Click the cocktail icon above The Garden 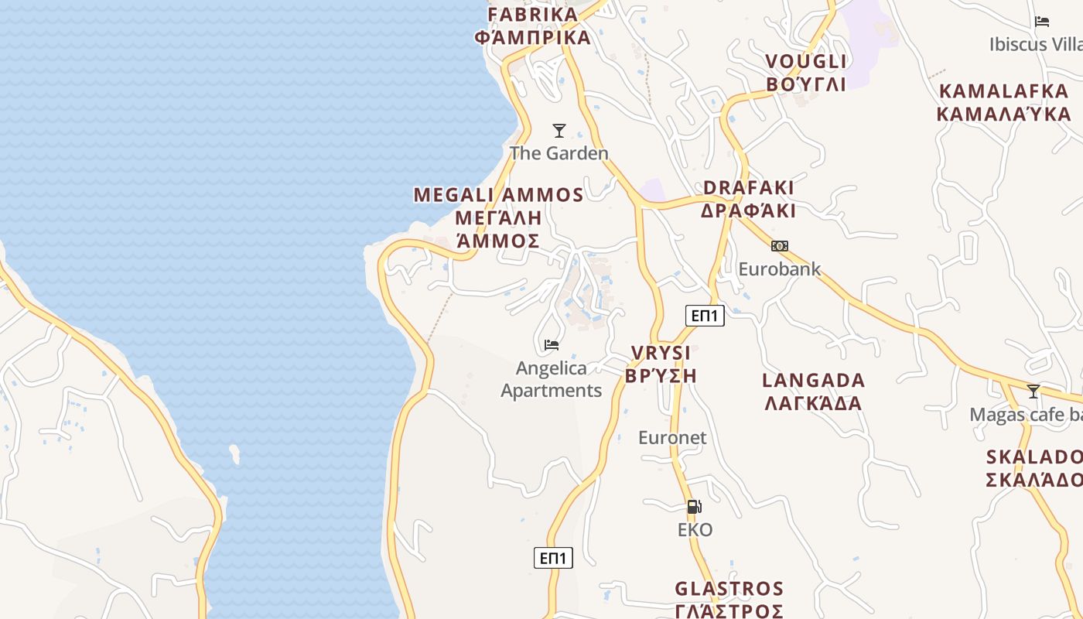[x=559, y=130]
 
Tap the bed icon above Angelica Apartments [x=552, y=344]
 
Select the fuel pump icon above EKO [x=695, y=507]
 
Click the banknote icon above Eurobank [x=779, y=246]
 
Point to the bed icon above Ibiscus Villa [x=1042, y=22]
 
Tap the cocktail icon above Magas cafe [x=1033, y=391]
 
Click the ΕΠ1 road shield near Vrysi [x=705, y=315]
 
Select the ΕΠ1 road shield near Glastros [x=553, y=558]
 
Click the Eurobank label [x=779, y=269]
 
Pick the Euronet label [x=672, y=438]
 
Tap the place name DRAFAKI [x=748, y=188]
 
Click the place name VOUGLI [x=806, y=62]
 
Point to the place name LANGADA [x=813, y=381]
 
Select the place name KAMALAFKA [x=1003, y=91]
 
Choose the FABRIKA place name [x=533, y=14]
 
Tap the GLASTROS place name [x=729, y=590]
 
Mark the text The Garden [x=559, y=153]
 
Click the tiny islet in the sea [x=234, y=453]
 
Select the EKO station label [x=695, y=530]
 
